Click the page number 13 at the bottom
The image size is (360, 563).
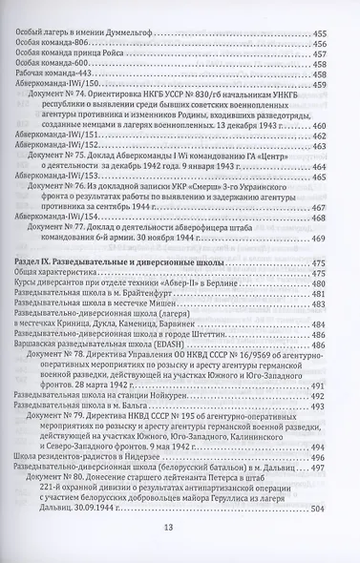(x=180, y=530)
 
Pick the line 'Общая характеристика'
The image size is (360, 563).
(x=58, y=277)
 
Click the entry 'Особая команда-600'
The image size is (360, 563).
(x=50, y=68)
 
